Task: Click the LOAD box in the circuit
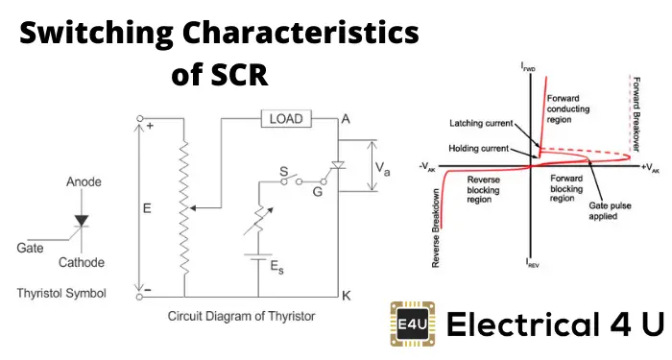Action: coord(286,119)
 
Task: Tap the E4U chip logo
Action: coord(412,324)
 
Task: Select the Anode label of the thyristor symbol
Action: coord(84,181)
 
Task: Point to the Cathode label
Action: coord(82,262)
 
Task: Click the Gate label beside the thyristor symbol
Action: coord(30,248)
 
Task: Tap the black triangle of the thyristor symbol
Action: coord(82,220)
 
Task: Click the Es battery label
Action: coord(276,267)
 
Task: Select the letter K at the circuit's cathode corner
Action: coord(347,296)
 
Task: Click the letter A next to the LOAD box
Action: coord(346,119)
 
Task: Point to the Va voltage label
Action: coord(383,168)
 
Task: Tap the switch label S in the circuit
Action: coord(284,172)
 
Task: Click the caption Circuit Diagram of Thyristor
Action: coord(241,316)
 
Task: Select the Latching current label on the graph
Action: coord(481,124)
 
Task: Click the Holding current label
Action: coord(478,148)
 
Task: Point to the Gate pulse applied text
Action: coord(610,211)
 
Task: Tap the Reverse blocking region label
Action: coord(483,190)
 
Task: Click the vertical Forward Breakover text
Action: coord(636,114)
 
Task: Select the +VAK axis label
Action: coord(651,168)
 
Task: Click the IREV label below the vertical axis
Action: coord(532,263)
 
